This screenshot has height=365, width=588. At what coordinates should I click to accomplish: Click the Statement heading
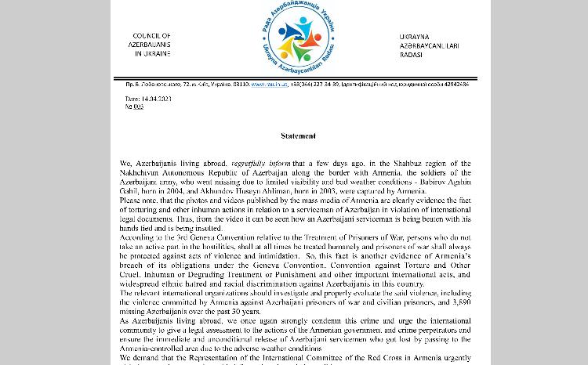pyautogui.click(x=298, y=136)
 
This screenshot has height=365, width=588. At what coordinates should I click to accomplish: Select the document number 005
pyautogui.click(x=138, y=107)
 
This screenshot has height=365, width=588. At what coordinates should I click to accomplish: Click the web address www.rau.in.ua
pyautogui.click(x=268, y=84)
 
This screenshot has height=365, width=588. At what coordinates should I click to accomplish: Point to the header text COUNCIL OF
pyautogui.click(x=151, y=36)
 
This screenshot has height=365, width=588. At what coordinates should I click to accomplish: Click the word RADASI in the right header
pyautogui.click(x=412, y=55)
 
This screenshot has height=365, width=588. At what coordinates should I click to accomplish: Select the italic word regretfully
pyautogui.click(x=231, y=164)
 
